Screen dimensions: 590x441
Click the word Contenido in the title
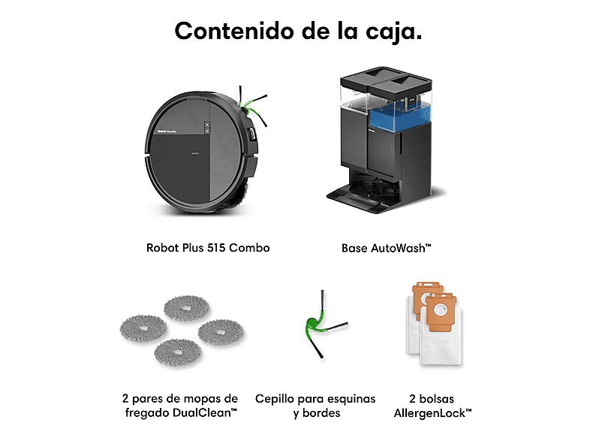[x=234, y=31]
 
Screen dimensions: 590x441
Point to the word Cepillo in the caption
[x=273, y=399]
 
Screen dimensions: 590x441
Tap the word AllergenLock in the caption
[x=429, y=413]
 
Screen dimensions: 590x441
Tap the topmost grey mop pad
[x=187, y=308]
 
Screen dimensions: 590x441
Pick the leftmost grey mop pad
[x=143, y=328]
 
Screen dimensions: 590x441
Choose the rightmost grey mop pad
[x=221, y=332]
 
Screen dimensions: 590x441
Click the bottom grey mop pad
[x=178, y=352]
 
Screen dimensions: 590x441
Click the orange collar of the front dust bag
[x=438, y=311]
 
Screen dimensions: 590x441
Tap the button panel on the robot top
[x=207, y=127]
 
